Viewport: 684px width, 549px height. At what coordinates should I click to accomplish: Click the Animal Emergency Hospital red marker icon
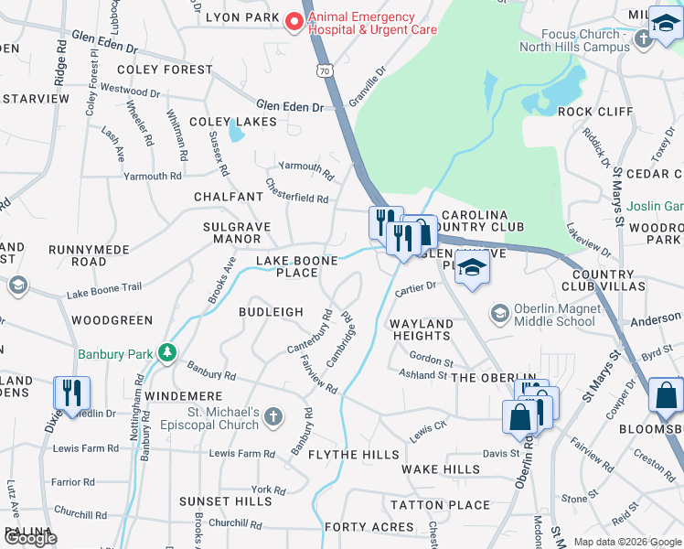(294, 22)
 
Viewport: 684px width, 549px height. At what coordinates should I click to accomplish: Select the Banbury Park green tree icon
(166, 352)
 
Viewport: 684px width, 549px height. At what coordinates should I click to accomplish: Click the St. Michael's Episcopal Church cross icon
(273, 418)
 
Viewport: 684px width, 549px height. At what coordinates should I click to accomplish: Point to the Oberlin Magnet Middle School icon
(500, 314)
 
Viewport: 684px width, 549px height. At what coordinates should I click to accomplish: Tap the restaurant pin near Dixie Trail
(69, 393)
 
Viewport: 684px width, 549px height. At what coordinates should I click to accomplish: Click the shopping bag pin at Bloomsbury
(666, 396)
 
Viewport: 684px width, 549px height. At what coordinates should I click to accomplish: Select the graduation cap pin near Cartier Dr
(472, 268)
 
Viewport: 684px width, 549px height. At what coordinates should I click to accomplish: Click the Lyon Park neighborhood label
(241, 17)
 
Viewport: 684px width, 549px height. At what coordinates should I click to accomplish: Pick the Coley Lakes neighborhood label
(219, 122)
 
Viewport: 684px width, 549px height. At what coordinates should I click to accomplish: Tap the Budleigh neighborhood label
(271, 312)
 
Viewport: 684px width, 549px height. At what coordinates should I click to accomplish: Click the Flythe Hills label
(354, 455)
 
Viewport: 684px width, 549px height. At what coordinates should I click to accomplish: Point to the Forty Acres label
(369, 527)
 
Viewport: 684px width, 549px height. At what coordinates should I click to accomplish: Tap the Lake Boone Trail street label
(103, 291)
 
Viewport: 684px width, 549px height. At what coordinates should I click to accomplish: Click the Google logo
(29, 538)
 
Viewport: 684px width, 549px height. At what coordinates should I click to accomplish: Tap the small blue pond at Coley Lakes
(237, 134)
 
